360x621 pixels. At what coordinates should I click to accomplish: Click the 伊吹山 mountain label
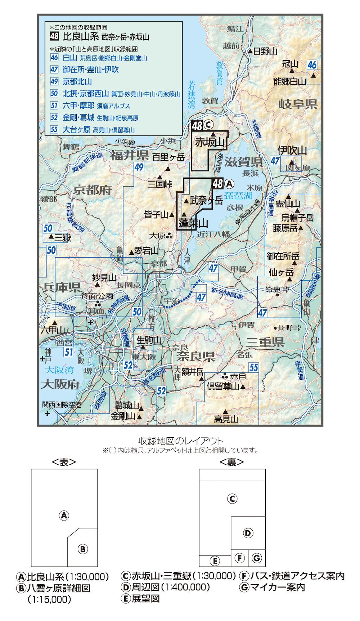(x=292, y=151)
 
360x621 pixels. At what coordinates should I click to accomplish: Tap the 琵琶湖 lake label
(x=238, y=196)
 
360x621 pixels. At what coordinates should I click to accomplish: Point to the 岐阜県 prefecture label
(x=298, y=104)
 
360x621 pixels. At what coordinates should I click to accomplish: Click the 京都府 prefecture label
(x=93, y=190)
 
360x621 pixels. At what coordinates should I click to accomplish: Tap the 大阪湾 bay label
(x=59, y=370)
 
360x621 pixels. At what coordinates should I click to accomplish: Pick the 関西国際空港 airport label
(x=62, y=405)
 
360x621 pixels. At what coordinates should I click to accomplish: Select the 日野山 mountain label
(x=265, y=51)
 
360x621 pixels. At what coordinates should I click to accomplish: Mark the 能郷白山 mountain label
(x=289, y=81)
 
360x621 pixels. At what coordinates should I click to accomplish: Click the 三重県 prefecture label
(x=265, y=342)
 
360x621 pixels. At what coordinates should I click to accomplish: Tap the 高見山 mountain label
(x=226, y=419)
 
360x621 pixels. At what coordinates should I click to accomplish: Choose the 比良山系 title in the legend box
(x=78, y=36)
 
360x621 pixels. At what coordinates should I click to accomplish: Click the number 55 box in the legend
(x=54, y=130)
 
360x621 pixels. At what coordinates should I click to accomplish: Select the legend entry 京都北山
(x=77, y=81)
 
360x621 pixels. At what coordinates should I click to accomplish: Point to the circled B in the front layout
(x=83, y=549)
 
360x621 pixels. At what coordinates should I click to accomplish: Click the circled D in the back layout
(x=248, y=533)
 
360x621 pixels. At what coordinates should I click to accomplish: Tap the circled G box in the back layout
(x=256, y=558)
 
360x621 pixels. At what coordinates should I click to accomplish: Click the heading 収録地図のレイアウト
(x=180, y=441)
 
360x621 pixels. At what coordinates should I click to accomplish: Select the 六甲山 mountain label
(x=52, y=330)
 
